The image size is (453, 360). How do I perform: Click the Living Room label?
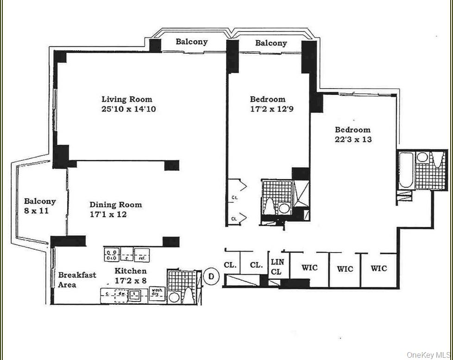click(x=126, y=99)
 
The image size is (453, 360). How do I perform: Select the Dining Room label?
click(x=116, y=204)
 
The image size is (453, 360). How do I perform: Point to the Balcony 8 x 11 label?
click(x=40, y=206)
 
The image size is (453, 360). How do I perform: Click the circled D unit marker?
click(x=211, y=277)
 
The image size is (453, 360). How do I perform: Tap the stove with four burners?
click(x=111, y=254)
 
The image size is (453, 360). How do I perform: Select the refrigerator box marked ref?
click(x=141, y=254)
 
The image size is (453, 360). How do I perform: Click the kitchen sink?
click(x=135, y=294)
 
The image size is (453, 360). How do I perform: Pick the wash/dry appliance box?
click(x=157, y=293)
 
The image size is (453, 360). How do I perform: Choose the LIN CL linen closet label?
click(x=277, y=267)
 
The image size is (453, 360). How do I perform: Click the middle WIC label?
click(x=345, y=268)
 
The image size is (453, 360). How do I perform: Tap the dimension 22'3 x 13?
click(x=353, y=139)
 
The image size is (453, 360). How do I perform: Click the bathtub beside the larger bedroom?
click(x=405, y=170)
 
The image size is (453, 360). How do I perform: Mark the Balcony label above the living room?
click(x=191, y=42)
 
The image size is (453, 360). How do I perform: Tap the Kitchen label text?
click(x=131, y=271)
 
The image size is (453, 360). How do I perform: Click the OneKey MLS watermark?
click(x=428, y=355)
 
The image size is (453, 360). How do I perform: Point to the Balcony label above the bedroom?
click(x=271, y=43)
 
